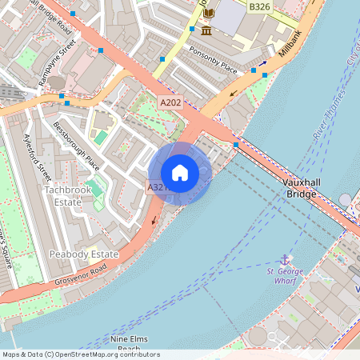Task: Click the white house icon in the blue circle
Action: [180, 172]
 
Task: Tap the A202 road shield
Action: [170, 102]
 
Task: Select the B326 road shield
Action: [258, 6]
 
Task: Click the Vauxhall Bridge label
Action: [307, 187]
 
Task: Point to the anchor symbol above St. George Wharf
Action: [283, 259]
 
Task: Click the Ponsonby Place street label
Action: [214, 58]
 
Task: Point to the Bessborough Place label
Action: [76, 146]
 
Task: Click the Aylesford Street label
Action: [38, 158]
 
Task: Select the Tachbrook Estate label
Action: [62, 196]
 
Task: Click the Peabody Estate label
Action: [82, 254]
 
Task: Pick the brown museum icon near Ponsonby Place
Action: [206, 30]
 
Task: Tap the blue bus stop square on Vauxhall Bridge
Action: [235, 145]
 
